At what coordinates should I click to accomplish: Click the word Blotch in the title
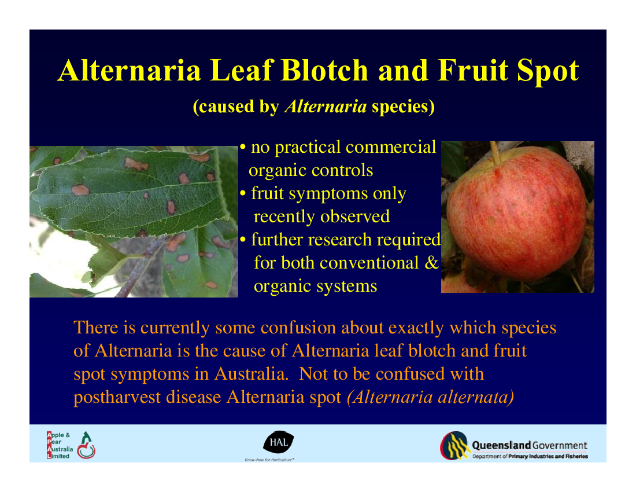324,70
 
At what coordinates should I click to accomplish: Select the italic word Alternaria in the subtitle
326,107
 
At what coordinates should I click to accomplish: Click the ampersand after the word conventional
431,263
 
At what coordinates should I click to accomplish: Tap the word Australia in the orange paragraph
252,373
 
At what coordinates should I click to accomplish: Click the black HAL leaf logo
279,442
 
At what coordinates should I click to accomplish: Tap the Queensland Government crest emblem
455,446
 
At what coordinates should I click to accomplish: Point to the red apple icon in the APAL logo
86,450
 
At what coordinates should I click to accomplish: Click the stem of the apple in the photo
495,153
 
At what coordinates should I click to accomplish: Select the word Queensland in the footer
501,445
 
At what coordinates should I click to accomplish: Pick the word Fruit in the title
473,70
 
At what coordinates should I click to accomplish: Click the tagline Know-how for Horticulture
269,460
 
